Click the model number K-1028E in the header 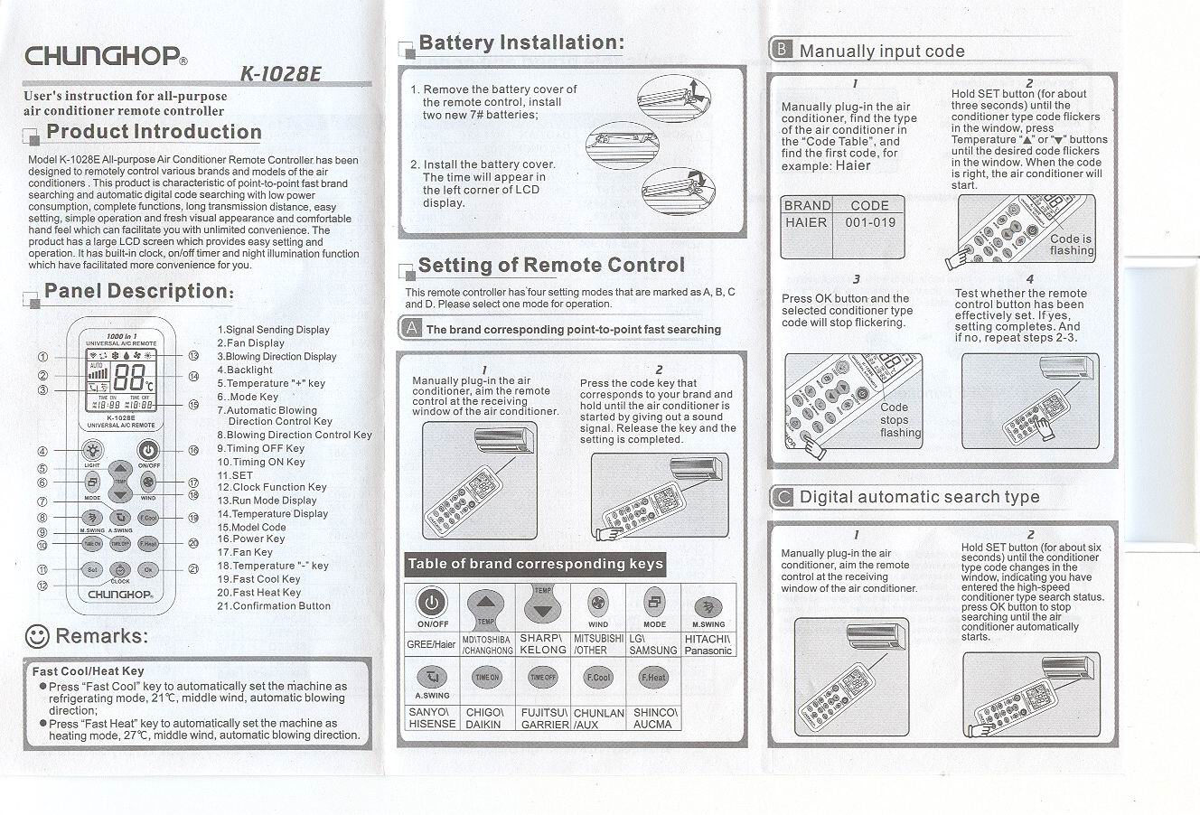[280, 73]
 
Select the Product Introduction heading [154, 132]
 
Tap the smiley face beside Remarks [37, 636]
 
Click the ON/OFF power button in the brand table [433, 603]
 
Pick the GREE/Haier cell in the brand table [432, 644]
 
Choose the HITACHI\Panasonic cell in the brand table [708, 644]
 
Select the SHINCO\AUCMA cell [653, 718]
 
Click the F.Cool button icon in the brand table [598, 677]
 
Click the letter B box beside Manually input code [781, 51]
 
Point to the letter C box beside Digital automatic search [783, 497]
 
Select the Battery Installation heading [521, 42]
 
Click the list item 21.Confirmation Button [274, 606]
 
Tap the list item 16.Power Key [250, 539]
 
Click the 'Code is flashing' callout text [1072, 245]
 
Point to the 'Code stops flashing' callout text [900, 420]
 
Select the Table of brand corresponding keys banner [536, 565]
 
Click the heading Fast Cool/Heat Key [89, 671]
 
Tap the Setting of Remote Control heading [551, 266]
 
